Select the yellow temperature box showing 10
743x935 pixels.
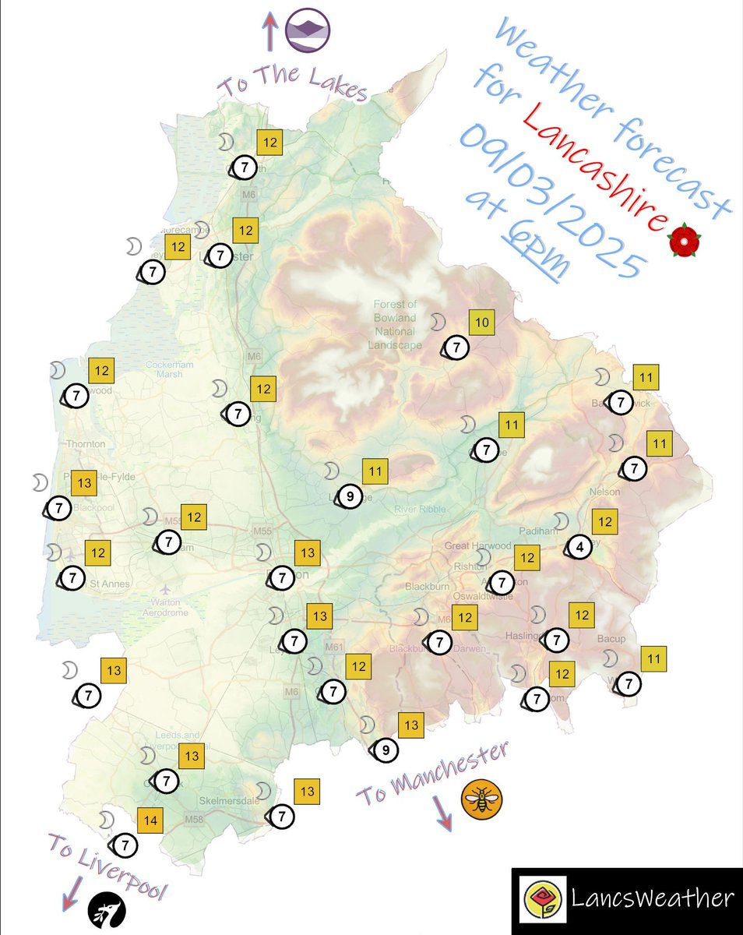(482, 323)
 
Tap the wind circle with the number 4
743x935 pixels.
(579, 548)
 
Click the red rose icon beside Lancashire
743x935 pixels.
(684, 241)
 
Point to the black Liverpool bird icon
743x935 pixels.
(105, 908)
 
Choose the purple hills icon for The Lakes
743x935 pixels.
(308, 30)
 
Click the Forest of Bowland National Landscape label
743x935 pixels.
(396, 324)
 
